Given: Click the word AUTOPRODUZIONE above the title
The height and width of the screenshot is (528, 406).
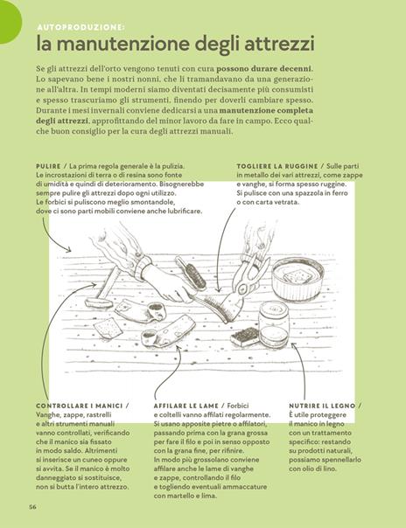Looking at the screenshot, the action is point(80,28).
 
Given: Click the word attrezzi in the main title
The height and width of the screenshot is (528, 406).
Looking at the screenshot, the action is point(279,44).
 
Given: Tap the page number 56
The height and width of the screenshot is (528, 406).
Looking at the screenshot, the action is point(32,507).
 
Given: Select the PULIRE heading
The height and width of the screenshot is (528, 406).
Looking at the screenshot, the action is point(48,166).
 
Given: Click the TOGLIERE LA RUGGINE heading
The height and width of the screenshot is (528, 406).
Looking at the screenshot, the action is point(277,166).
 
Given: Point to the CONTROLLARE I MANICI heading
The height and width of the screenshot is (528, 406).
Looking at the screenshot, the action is point(79,406).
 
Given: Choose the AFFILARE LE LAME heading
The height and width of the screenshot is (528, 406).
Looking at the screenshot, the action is point(186,406).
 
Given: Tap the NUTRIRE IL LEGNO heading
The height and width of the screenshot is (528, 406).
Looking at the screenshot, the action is point(322,406).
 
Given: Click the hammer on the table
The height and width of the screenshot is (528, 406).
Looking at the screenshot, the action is point(101,289).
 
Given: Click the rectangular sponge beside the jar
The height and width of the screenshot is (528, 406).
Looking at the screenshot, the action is point(246,337).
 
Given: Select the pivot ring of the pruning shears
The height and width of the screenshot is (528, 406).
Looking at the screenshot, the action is point(241,288).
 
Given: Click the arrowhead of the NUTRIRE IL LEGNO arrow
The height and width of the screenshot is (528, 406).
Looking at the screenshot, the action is point(292,344).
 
